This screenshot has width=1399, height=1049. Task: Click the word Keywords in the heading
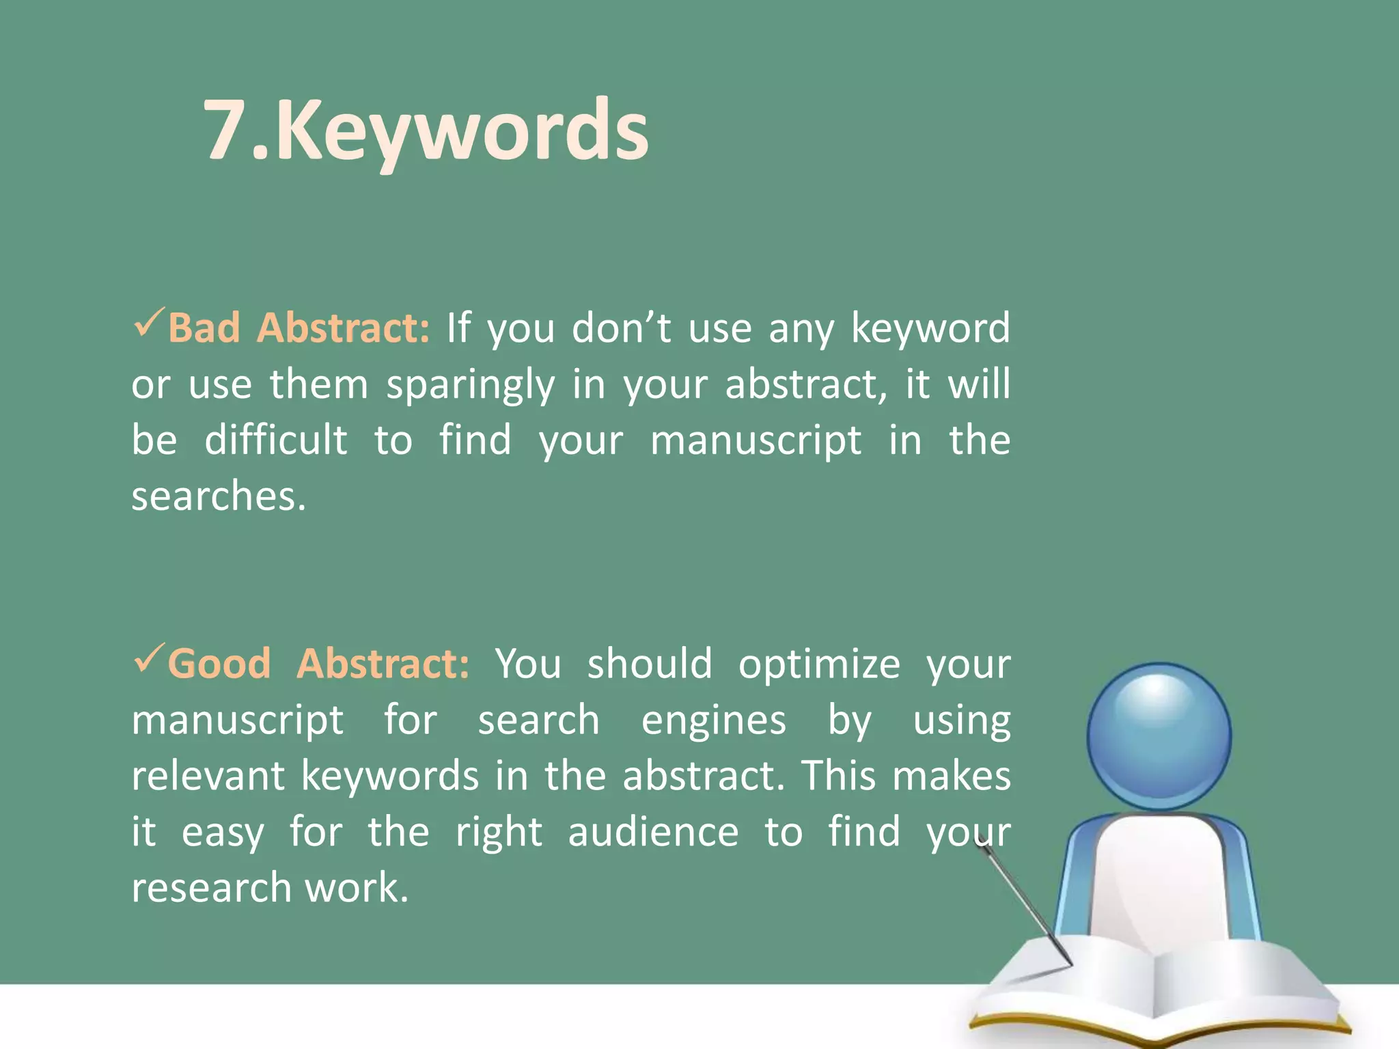(462, 130)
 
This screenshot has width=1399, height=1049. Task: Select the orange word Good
(219, 664)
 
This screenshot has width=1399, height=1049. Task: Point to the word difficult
(276, 440)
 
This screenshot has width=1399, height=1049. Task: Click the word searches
(219, 496)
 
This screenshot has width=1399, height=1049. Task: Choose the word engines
(714, 721)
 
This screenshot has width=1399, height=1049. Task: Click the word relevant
(208, 777)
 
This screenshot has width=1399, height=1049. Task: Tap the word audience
(653, 833)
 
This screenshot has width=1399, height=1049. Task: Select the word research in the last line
(212, 888)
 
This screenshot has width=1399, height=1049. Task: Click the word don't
(622, 328)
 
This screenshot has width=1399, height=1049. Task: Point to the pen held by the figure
(1025, 901)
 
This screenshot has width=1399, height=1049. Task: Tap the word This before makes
(839, 777)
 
